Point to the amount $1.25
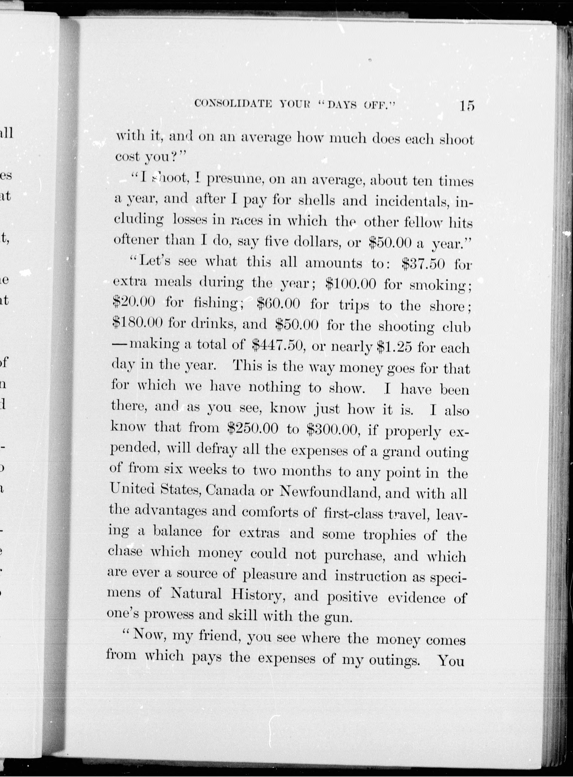[394, 347]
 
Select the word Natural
[196, 594]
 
